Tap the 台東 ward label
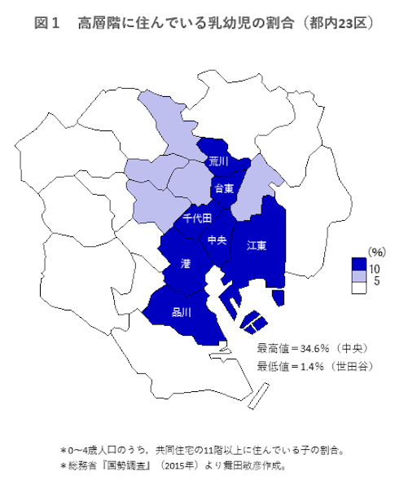pyautogui.click(x=223, y=188)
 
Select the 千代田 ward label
pyautogui.click(x=197, y=218)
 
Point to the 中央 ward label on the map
pyautogui.click(x=217, y=240)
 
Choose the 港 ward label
pyautogui.click(x=186, y=262)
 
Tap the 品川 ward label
pyautogui.click(x=181, y=311)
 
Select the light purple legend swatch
pyautogui.click(x=358, y=276)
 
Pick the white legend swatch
pyautogui.click(x=358, y=288)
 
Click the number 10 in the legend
pyautogui.click(x=375, y=267)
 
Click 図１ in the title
pyautogui.click(x=48, y=24)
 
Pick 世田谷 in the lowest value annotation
pyautogui.click(x=355, y=364)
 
